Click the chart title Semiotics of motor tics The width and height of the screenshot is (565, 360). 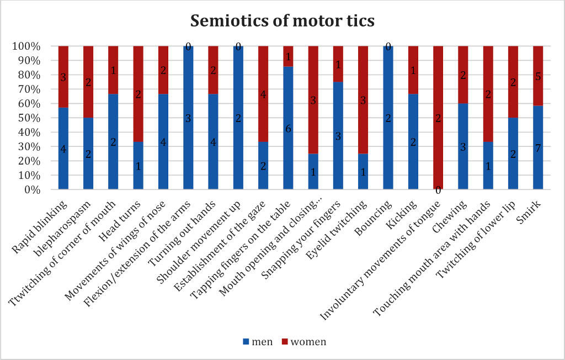click(x=282, y=20)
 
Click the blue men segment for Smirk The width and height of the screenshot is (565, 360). click(x=537, y=148)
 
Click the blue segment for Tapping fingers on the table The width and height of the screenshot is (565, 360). click(x=288, y=128)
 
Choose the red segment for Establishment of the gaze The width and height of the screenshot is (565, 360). click(x=263, y=94)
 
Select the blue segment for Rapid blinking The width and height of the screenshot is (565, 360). click(x=63, y=149)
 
